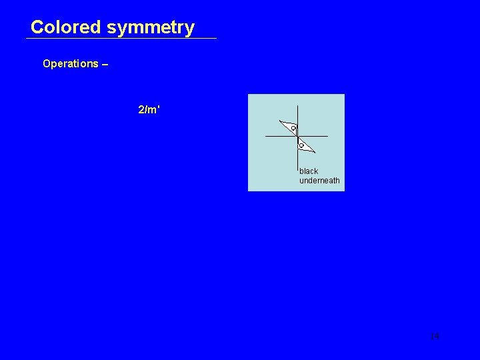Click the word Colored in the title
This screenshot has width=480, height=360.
65,27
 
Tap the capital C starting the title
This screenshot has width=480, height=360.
37,27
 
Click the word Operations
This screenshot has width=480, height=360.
70,64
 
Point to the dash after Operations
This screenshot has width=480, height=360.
105,64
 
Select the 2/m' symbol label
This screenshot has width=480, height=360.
149,109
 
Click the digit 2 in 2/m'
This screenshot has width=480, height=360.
141,109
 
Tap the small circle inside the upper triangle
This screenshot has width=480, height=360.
293,128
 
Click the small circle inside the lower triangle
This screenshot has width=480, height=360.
301,145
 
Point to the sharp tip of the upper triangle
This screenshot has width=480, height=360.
280,122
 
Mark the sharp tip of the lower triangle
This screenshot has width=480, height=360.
315,151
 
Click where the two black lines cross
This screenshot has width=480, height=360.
297,136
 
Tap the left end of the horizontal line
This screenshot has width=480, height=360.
266,136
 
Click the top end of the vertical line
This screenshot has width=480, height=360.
297,106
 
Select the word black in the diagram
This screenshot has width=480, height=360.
309,171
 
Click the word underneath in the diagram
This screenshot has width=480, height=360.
319,181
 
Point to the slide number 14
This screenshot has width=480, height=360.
435,336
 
